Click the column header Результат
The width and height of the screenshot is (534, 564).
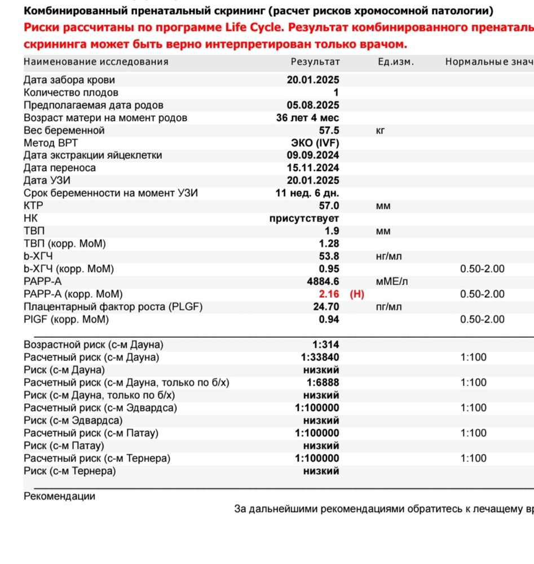coord(315,62)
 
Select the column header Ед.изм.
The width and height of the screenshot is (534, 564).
coord(396,62)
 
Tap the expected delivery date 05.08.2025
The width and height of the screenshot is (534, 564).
coord(313,105)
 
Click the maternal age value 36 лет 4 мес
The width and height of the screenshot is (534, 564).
coord(307,118)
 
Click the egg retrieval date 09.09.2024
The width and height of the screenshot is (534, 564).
coord(313,156)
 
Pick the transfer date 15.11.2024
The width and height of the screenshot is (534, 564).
coord(313,168)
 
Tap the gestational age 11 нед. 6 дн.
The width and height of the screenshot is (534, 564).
coord(307,193)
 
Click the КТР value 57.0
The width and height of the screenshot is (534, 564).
coord(329,206)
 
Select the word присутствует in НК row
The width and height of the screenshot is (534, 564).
coord(304,219)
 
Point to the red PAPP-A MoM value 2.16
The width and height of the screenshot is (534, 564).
coord(329,294)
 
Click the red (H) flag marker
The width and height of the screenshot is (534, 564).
coord(357,294)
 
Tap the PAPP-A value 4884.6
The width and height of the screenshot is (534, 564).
coord(323,281)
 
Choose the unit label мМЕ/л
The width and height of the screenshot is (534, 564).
coord(391,281)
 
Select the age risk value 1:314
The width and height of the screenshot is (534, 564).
coord(326,345)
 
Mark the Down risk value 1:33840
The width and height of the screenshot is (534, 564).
coord(320,358)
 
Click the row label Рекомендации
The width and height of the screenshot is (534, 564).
coord(59,497)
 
